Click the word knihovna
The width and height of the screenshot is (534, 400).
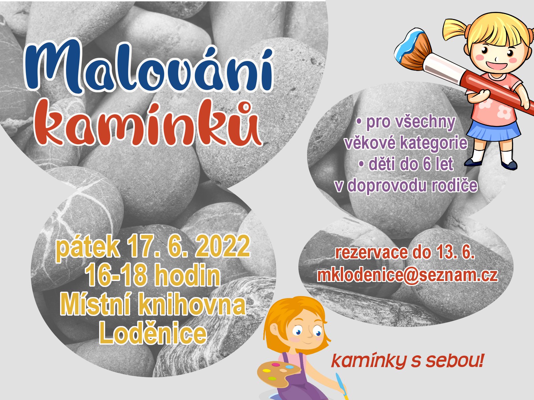[x=192, y=305]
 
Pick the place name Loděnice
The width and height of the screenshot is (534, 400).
[x=153, y=333]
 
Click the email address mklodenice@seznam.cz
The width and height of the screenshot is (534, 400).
[x=408, y=276]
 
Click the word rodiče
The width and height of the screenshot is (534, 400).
[x=455, y=186]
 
